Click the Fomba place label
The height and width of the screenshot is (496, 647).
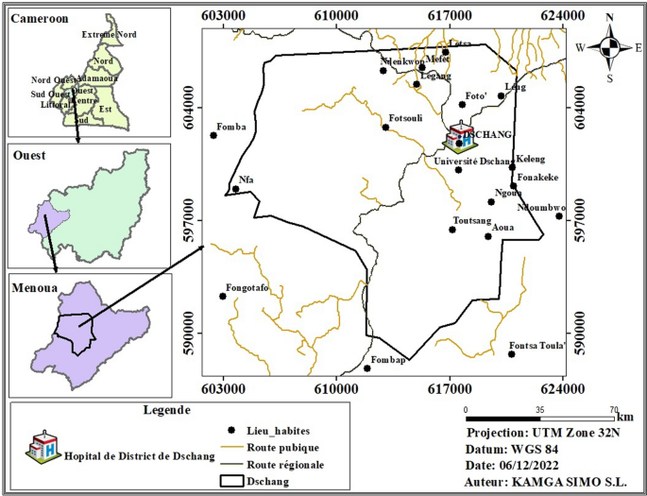[231, 127]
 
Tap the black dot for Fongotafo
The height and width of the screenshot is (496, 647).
[223, 297]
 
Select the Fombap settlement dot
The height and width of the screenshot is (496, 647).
[367, 368]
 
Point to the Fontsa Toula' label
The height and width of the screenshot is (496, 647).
[536, 345]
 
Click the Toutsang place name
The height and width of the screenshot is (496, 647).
[471, 220]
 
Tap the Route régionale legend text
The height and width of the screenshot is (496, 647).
[285, 465]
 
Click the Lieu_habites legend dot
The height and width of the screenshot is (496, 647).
[232, 430]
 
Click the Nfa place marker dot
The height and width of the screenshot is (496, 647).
[236, 189]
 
